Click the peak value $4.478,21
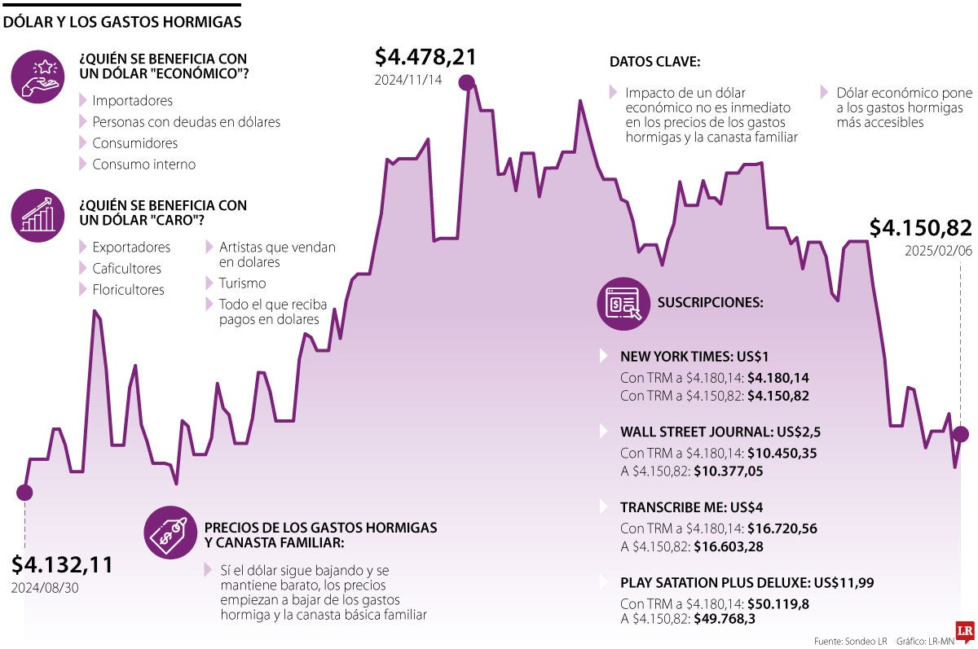[x=425, y=57]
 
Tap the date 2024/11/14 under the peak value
[x=408, y=81]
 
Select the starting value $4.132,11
[x=63, y=564]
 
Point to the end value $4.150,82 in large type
[x=921, y=228]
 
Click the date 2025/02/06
[x=938, y=251]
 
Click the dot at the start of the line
[x=24, y=492]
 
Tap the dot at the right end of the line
[x=960, y=434]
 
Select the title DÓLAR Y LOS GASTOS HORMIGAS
[x=122, y=22]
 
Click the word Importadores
[x=133, y=101]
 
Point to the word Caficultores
[x=127, y=268]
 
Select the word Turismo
[x=242, y=283]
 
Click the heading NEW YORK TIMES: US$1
[x=694, y=356]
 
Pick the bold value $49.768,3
[x=725, y=619]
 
